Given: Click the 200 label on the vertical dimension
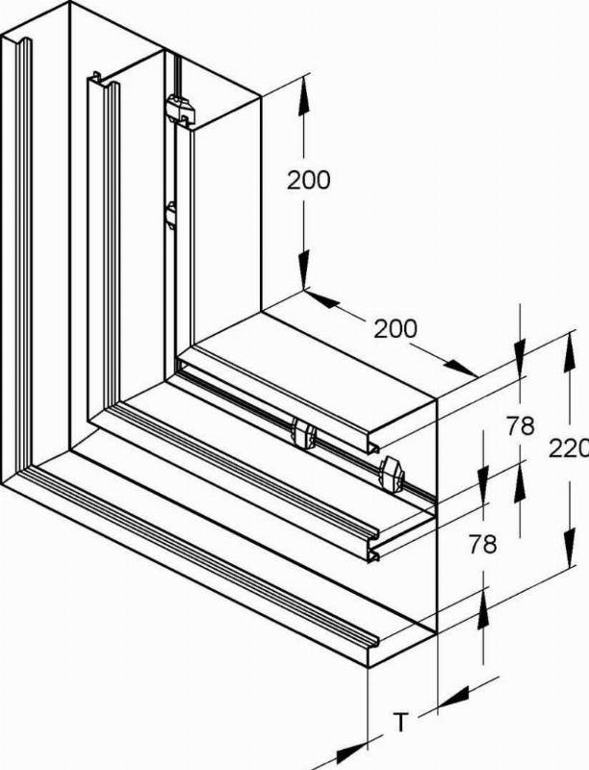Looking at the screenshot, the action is click(x=309, y=181).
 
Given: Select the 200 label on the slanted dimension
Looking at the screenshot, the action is click(x=396, y=328).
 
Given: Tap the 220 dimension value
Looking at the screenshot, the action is click(x=569, y=448).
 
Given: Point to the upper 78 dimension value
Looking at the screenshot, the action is click(x=521, y=426).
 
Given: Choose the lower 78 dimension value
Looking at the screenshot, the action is click(x=482, y=544).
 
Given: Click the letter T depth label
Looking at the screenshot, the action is click(x=401, y=723).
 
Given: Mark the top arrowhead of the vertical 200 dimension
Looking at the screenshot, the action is click(x=304, y=96).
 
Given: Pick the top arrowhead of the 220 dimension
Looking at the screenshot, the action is click(x=570, y=352).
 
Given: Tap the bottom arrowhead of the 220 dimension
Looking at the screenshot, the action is click(x=570, y=548).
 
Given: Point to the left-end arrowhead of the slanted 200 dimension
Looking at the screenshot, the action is click(x=321, y=299).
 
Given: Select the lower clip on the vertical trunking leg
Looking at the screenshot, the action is click(x=170, y=215).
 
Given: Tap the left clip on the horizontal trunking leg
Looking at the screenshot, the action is click(x=303, y=434).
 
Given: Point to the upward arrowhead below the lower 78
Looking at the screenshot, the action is click(x=483, y=609).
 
